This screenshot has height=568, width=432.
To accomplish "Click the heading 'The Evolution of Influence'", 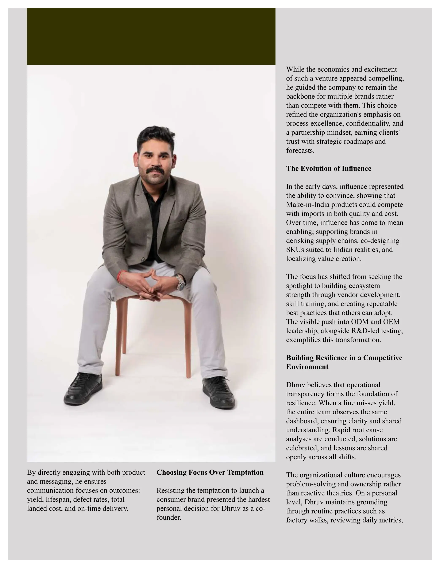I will tap(329, 168).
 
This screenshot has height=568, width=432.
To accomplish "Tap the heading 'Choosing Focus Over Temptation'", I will tap(210, 472).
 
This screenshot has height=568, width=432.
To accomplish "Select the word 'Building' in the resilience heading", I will tap(300, 358).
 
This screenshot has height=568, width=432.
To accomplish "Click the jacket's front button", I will tap(142, 259).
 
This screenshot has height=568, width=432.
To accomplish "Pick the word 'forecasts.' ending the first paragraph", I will tap(300, 150).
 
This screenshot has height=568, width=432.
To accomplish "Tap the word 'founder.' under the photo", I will tap(169, 517).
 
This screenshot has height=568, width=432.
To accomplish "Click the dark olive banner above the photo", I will tap(151, 36).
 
